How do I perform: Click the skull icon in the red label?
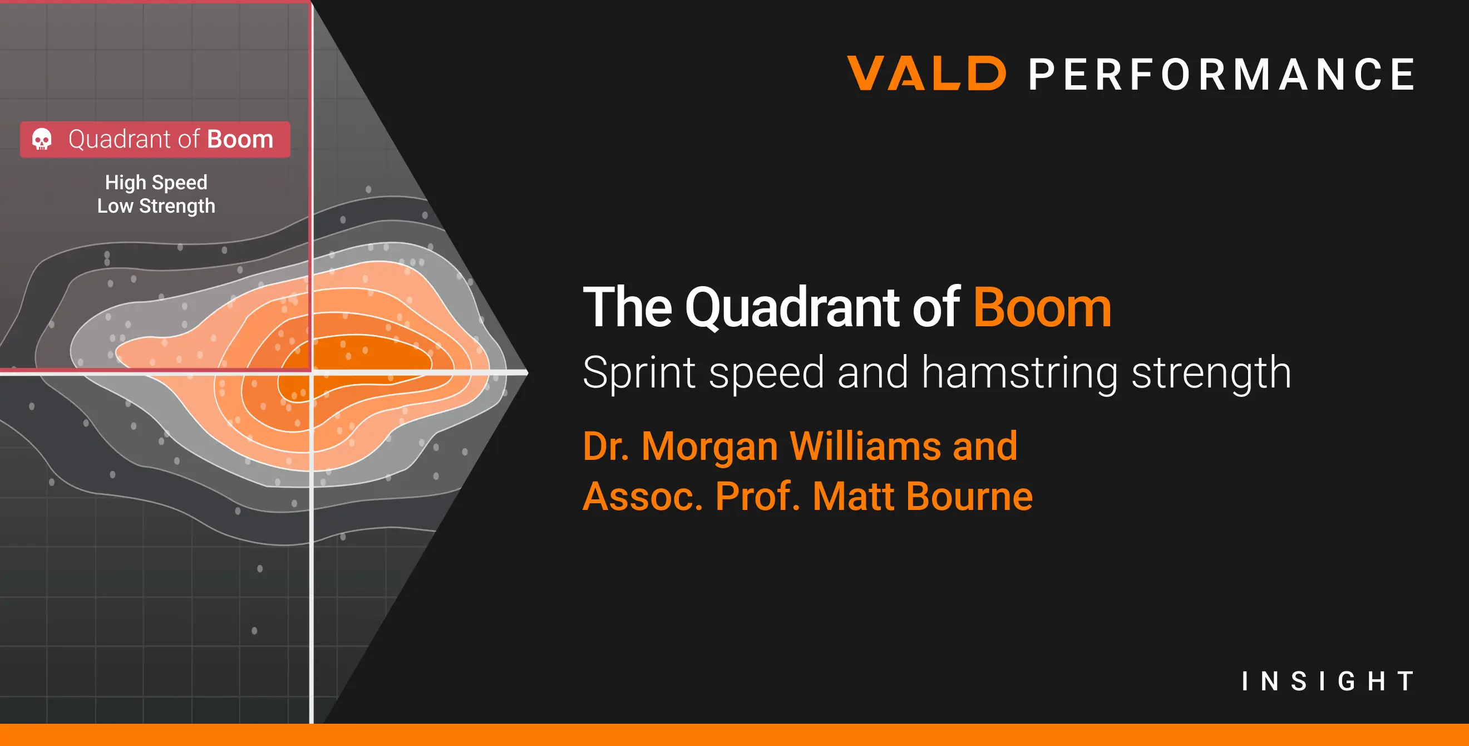[x=42, y=139]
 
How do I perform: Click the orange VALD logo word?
[x=927, y=73]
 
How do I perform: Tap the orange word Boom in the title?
[x=1042, y=308]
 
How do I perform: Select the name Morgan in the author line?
[x=710, y=446]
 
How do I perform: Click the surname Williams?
[x=865, y=446]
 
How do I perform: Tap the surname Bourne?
[x=969, y=496]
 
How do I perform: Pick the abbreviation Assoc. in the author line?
[x=643, y=496]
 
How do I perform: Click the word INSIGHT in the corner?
[x=1328, y=681]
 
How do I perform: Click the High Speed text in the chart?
[x=156, y=183]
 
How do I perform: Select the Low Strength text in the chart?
[x=156, y=206]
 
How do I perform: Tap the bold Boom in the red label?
[x=240, y=139]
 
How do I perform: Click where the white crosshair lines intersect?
[x=312, y=372]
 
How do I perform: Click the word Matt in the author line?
[x=853, y=496]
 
